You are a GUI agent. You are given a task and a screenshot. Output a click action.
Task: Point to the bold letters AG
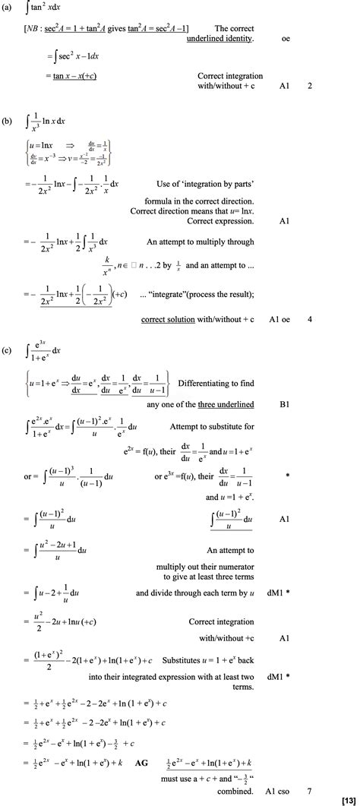coord(141,760)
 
